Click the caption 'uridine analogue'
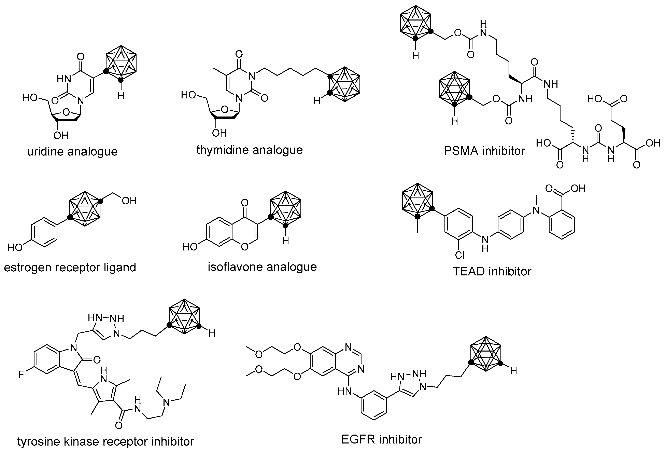tap(72, 151)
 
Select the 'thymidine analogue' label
tap(250, 150)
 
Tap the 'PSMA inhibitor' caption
tap(484, 151)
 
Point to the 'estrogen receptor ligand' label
tap(70, 267)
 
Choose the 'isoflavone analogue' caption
tap(262, 267)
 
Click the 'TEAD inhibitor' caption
tap(492, 271)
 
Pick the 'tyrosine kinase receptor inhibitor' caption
tap(106, 441)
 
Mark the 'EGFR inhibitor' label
tap(381, 439)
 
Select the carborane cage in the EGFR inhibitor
tap(485, 355)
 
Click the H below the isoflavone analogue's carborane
tap(285, 241)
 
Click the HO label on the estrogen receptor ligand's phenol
tap(15, 247)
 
